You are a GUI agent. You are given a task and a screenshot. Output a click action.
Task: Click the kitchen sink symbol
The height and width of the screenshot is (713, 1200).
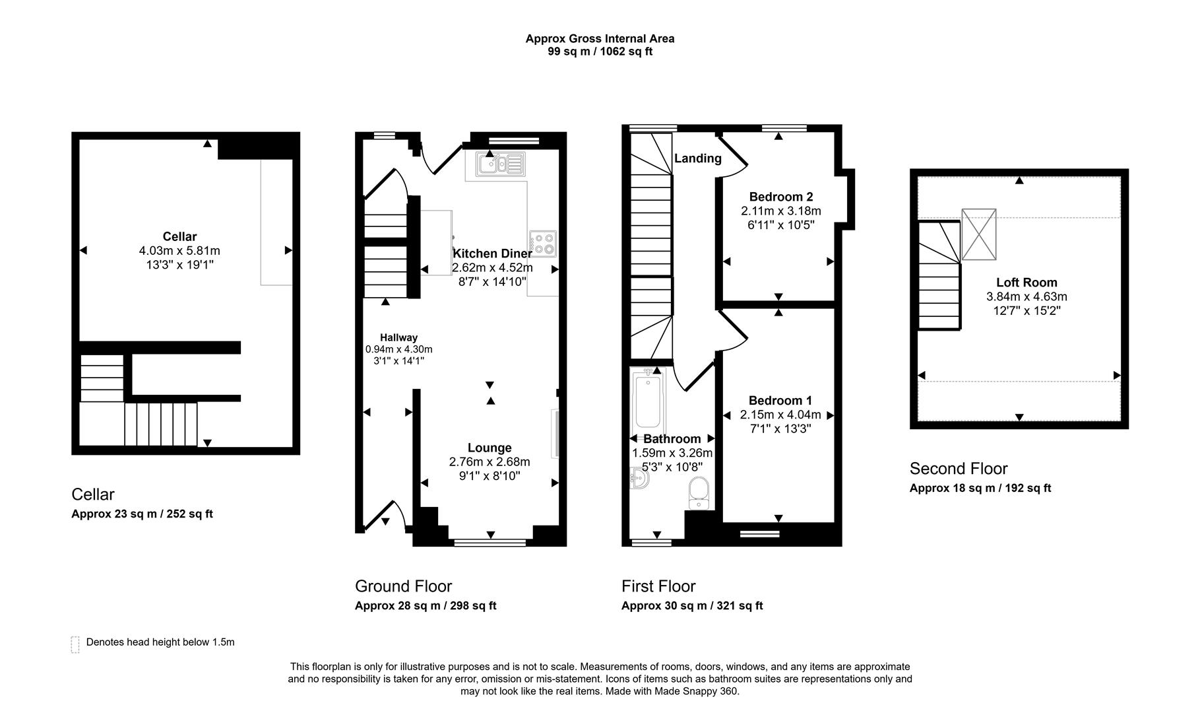click(501, 163)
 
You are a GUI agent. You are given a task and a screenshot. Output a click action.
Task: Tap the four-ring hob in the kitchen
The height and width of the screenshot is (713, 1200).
click(543, 244)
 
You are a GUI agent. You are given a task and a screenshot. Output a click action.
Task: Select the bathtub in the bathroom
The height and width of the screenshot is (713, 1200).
click(648, 400)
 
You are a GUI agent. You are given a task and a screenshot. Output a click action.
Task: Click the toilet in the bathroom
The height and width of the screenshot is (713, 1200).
click(699, 494)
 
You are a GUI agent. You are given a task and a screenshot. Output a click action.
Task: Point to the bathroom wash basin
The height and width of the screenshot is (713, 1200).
click(639, 479)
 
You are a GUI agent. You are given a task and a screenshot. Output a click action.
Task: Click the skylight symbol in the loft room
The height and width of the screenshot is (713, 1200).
click(978, 234)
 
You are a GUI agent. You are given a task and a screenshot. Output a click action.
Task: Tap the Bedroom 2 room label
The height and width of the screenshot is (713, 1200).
click(780, 197)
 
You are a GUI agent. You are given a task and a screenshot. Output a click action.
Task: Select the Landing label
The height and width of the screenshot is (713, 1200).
click(697, 158)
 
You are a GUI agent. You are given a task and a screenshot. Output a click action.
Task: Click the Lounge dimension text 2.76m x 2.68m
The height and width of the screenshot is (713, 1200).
click(489, 462)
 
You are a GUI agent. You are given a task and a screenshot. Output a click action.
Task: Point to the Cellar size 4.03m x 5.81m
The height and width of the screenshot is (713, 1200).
click(179, 251)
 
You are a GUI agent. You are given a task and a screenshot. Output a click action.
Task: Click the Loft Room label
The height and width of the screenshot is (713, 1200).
click(1026, 283)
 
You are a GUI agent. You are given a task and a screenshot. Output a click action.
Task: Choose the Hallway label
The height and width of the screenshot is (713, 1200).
click(398, 337)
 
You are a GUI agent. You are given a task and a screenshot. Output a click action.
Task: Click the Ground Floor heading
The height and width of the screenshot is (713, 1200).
click(403, 586)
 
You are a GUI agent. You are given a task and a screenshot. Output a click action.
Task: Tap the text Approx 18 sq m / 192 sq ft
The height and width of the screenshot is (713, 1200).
click(980, 489)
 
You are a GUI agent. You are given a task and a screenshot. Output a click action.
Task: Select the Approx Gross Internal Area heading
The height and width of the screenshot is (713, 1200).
click(600, 39)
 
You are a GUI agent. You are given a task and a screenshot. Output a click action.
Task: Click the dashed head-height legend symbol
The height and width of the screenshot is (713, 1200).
click(75, 644)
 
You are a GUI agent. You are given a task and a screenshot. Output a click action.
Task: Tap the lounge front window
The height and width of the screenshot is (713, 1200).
click(490, 543)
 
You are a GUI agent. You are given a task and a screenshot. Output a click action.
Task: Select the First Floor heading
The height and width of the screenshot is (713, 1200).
click(658, 586)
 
